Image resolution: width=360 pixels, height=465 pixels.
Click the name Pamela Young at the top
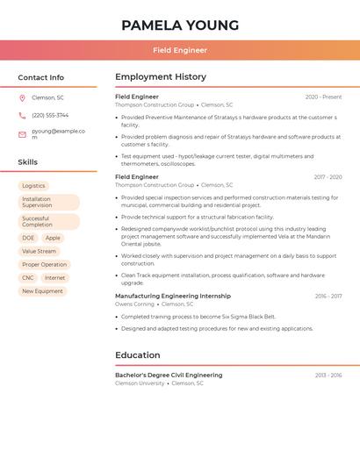(180, 25)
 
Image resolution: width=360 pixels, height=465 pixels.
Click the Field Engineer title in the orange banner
(180, 50)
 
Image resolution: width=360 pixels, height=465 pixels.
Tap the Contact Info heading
(40, 77)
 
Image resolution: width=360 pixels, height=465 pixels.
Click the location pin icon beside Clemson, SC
(22, 97)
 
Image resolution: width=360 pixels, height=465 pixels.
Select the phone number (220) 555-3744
(50, 115)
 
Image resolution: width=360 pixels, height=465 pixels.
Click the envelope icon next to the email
(22, 133)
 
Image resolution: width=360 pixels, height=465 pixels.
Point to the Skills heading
(28, 162)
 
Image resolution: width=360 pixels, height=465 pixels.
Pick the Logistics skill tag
(33, 186)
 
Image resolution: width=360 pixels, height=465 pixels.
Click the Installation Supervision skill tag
(48, 203)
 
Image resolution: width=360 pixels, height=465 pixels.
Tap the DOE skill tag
(28, 238)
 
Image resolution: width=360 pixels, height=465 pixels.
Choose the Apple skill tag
(53, 238)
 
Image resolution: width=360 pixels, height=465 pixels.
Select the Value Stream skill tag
(40, 251)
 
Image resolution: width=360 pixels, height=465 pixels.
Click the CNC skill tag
(28, 277)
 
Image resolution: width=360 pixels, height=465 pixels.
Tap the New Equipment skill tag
(42, 291)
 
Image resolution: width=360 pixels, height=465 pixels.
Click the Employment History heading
(161, 77)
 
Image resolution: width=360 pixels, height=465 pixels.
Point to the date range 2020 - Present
(323, 97)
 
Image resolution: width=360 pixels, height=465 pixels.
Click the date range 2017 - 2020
(328, 176)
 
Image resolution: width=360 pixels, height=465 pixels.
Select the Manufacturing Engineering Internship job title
(173, 296)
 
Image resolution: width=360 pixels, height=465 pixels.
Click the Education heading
(138, 355)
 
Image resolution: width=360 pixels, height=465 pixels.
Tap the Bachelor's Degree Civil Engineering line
(169, 375)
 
